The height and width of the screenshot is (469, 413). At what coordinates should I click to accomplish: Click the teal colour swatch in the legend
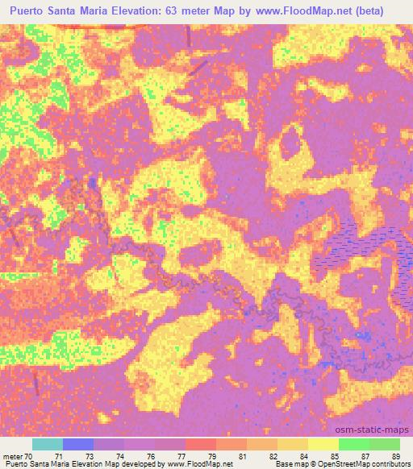click(48, 444)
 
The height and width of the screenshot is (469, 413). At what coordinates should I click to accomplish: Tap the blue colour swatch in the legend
click(78, 444)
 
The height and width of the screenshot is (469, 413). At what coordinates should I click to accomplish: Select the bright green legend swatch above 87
click(353, 444)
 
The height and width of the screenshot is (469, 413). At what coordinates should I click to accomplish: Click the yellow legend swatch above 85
click(323, 444)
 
